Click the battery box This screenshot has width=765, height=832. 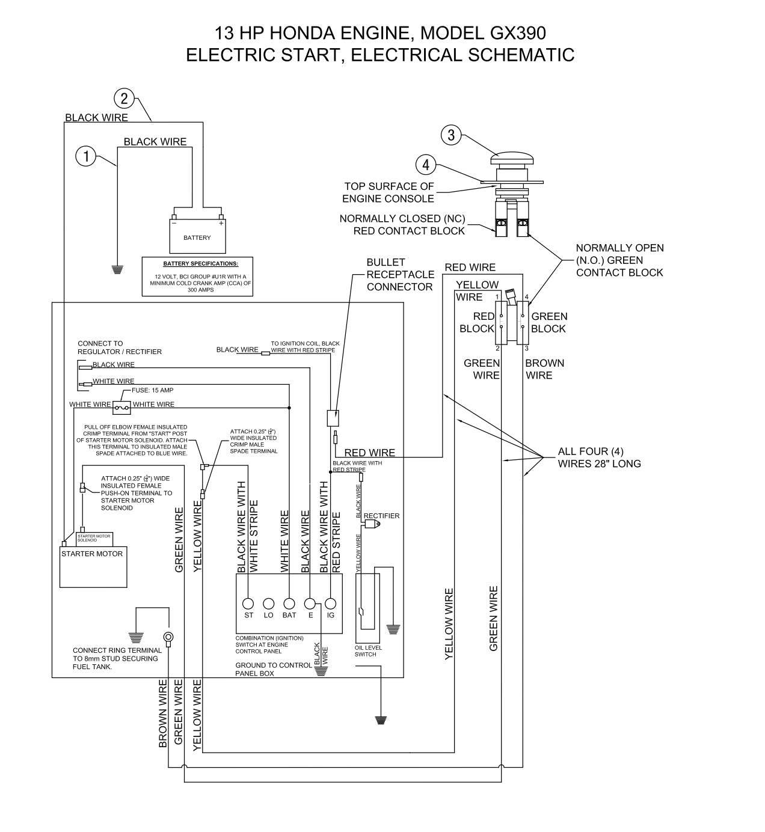point(197,236)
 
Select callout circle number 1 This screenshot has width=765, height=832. point(85,157)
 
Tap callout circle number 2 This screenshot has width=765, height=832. point(124,98)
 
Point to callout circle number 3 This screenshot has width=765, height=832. point(451,135)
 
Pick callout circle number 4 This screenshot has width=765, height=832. point(426,164)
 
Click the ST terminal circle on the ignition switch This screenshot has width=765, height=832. point(248,603)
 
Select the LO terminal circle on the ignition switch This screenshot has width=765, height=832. point(269,603)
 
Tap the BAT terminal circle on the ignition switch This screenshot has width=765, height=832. point(289,603)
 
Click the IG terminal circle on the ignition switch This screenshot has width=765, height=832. point(330,603)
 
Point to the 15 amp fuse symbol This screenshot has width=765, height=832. point(121,408)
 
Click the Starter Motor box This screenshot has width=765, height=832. point(93,565)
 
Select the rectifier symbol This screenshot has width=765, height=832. point(372,524)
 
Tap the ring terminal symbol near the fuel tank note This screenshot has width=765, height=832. point(169,638)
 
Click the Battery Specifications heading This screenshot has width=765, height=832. point(201,263)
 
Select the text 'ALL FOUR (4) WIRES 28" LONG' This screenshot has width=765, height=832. point(599,457)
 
